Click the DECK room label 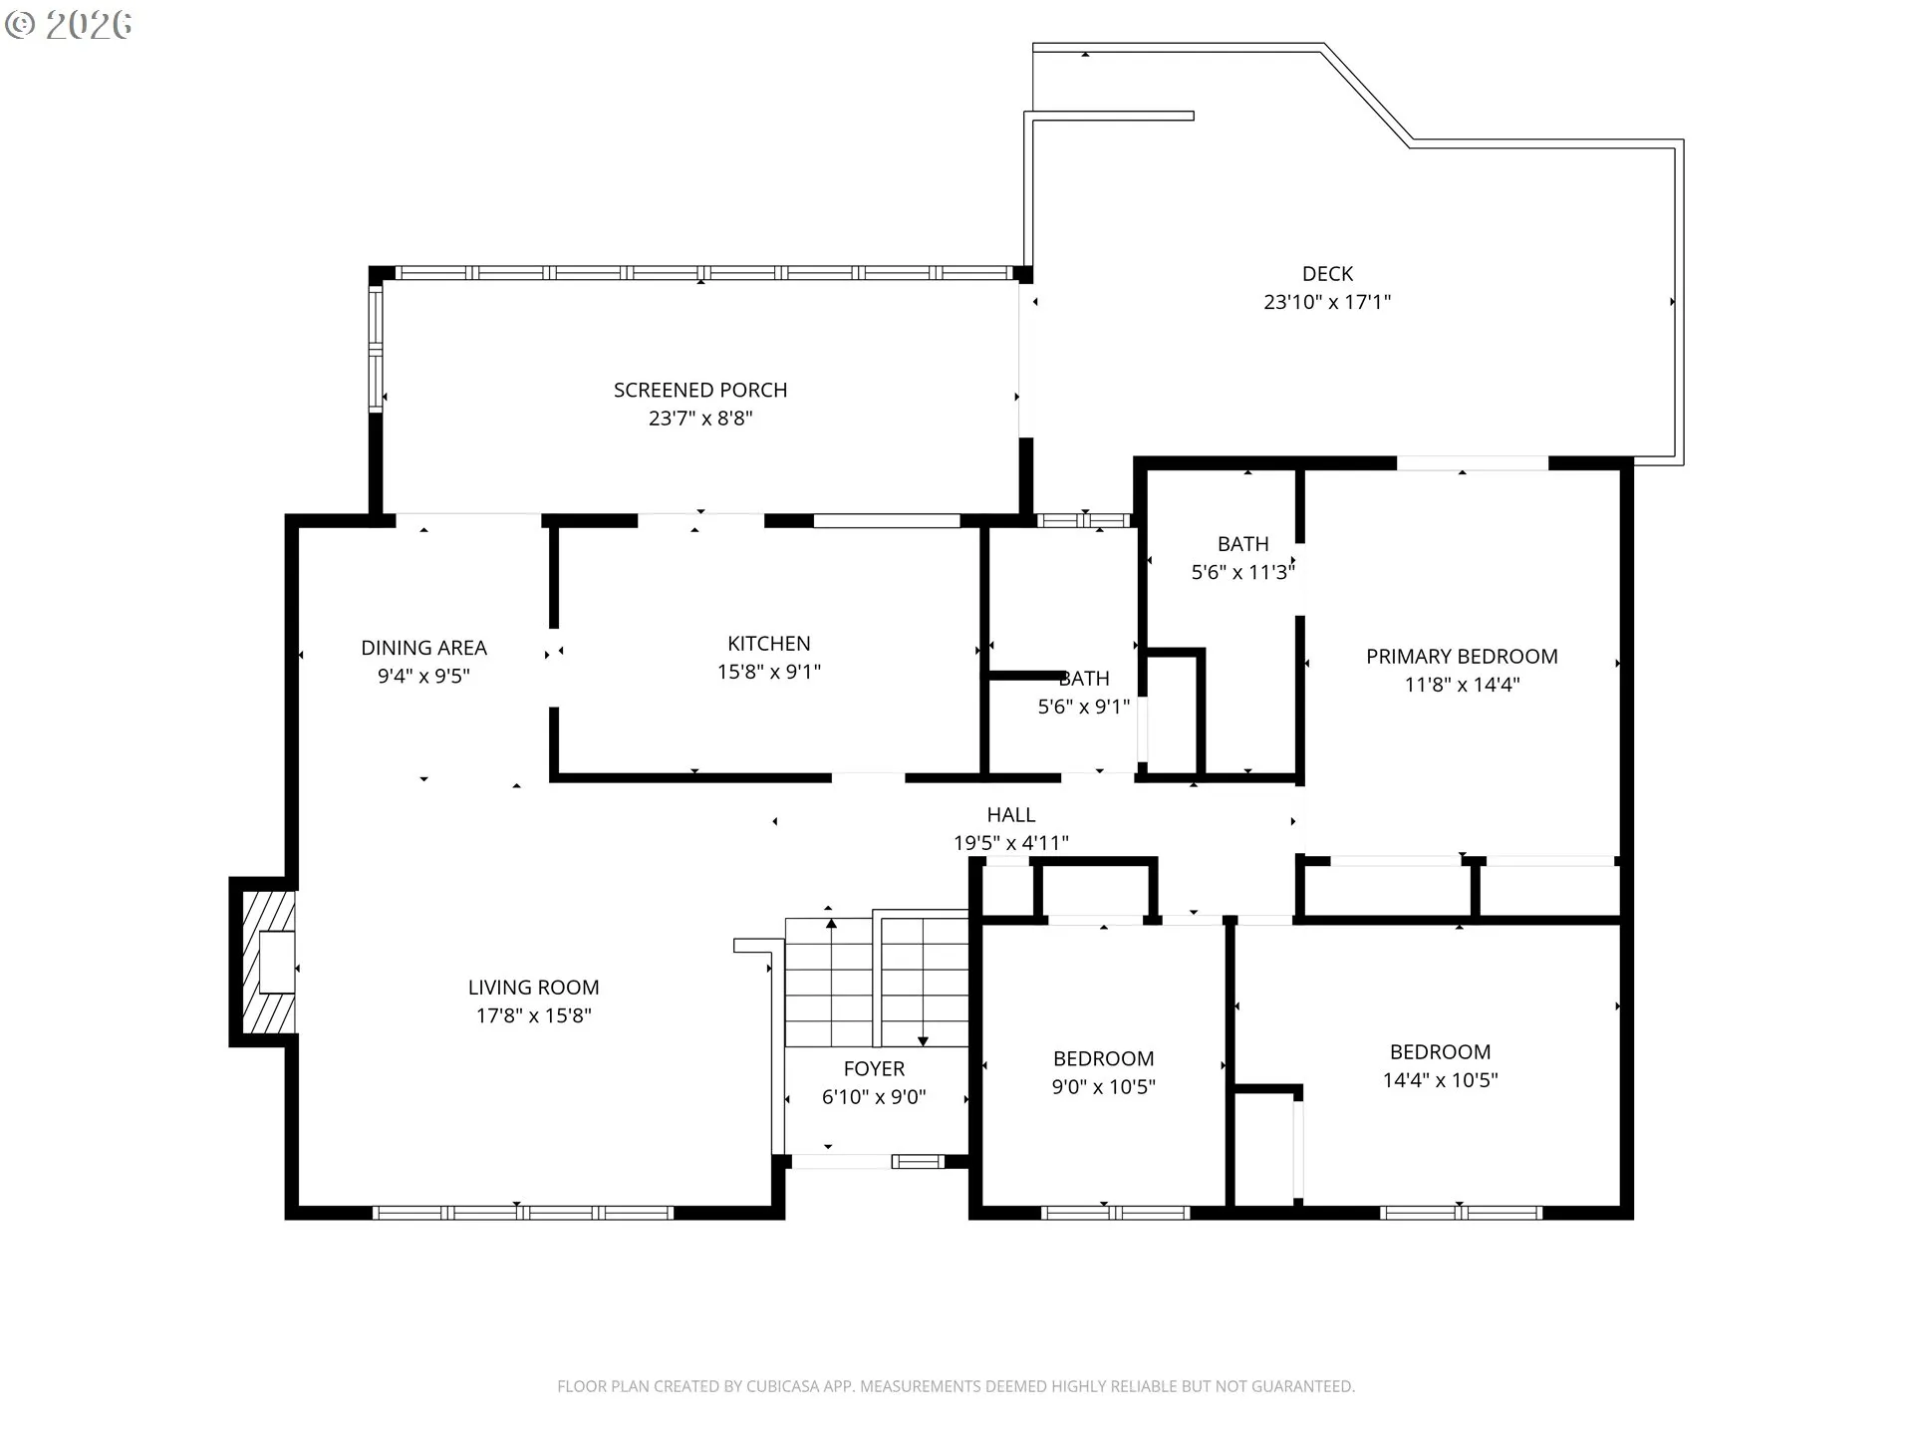[x=1327, y=273]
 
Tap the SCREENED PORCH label [x=700, y=390]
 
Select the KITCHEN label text [x=768, y=643]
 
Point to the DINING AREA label [x=423, y=648]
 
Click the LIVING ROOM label [x=533, y=988]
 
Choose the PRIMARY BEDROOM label [x=1462, y=657]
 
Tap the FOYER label [x=874, y=1069]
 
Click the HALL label [x=1010, y=815]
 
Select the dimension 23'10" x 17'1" [x=1327, y=302]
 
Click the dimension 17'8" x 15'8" [x=533, y=1015]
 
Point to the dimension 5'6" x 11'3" [x=1242, y=572]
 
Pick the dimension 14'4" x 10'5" [x=1440, y=1080]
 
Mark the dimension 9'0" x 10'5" [x=1103, y=1087]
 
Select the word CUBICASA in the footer [x=788, y=1386]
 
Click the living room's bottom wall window [x=523, y=1213]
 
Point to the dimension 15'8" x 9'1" [x=768, y=672]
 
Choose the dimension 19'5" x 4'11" [x=1010, y=843]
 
